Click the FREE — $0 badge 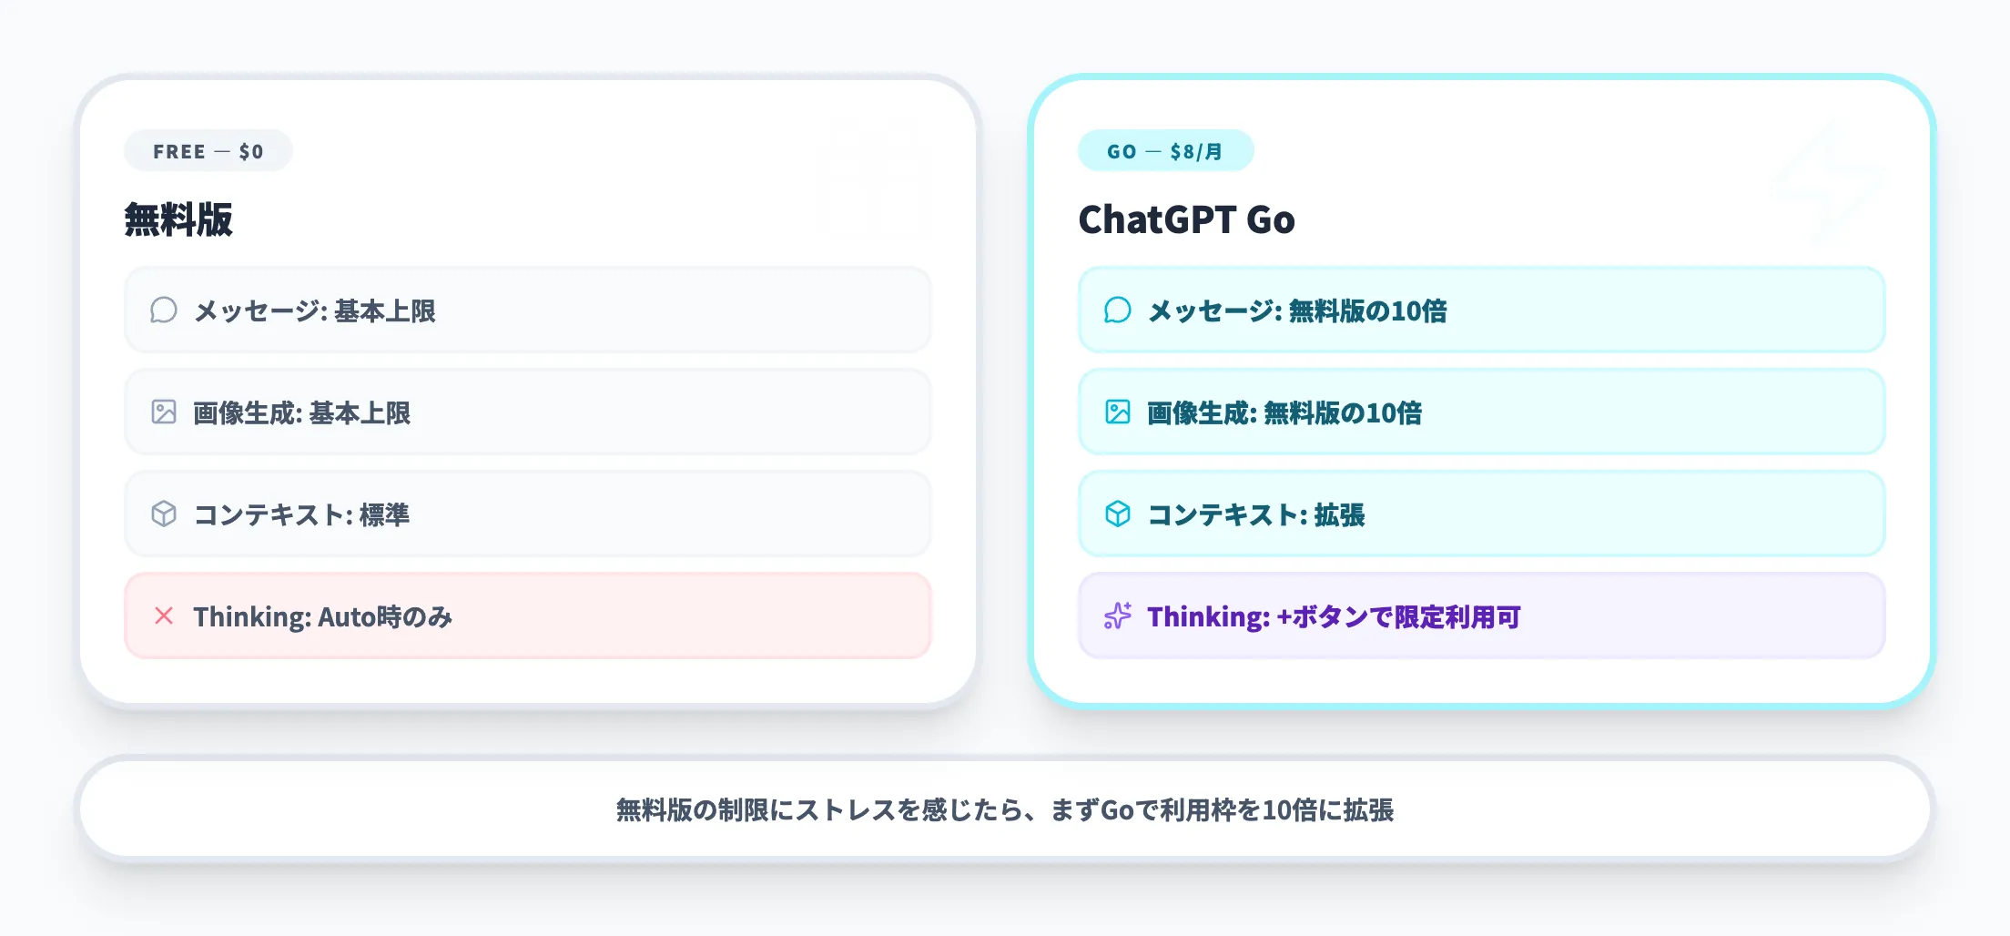(x=208, y=151)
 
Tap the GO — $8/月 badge (x=1164, y=151)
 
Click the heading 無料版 (x=178, y=219)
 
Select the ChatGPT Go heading (x=1185, y=219)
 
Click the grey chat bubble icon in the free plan (x=164, y=310)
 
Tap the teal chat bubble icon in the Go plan (x=1118, y=310)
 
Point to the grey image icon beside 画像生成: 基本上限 (x=164, y=412)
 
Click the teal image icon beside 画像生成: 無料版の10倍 (x=1118, y=412)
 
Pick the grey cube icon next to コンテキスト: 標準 (x=164, y=514)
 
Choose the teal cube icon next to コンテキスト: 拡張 (x=1118, y=514)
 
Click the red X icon (x=164, y=616)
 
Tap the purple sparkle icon (x=1118, y=616)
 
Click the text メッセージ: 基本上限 (x=314, y=311)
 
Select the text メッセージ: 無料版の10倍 (x=1297, y=311)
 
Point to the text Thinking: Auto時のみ (x=322, y=617)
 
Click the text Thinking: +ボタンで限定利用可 (x=1334, y=617)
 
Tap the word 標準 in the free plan (x=384, y=515)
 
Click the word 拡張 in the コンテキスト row (x=1339, y=515)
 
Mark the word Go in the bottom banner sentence (x=1117, y=810)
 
